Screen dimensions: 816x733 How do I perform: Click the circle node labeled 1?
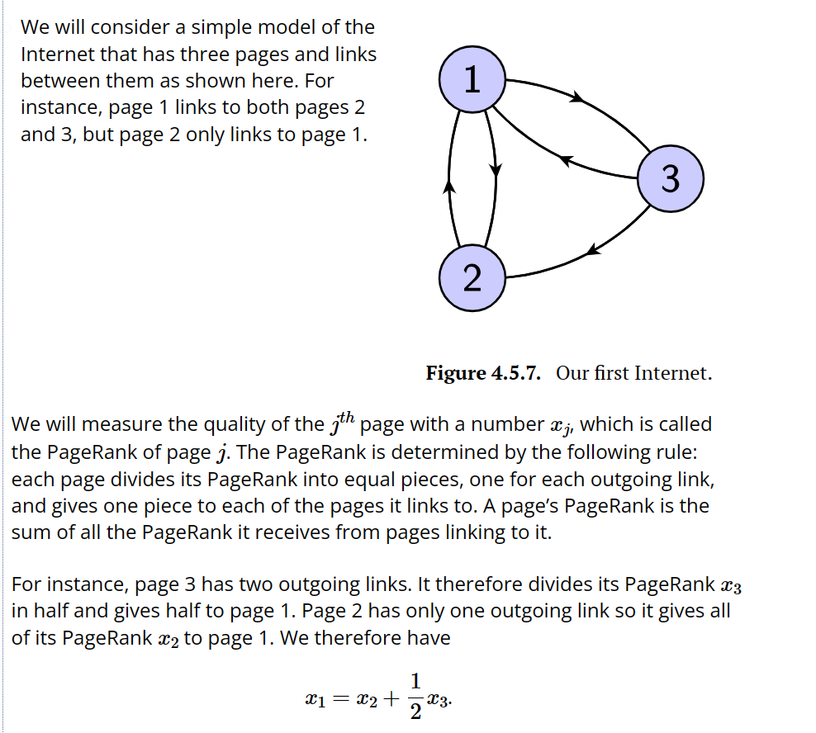tap(472, 79)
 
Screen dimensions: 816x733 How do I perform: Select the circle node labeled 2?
tap(472, 278)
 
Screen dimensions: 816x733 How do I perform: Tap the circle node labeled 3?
tap(671, 178)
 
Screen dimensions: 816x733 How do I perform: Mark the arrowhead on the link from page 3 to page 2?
tap(592, 248)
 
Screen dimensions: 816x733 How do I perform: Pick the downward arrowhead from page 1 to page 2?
tap(496, 170)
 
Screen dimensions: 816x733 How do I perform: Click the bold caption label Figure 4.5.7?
tap(483, 373)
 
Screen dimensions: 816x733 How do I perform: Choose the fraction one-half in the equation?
tap(415, 696)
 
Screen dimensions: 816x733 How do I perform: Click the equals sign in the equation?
tap(339, 699)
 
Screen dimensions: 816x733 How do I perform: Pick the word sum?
tap(31, 532)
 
